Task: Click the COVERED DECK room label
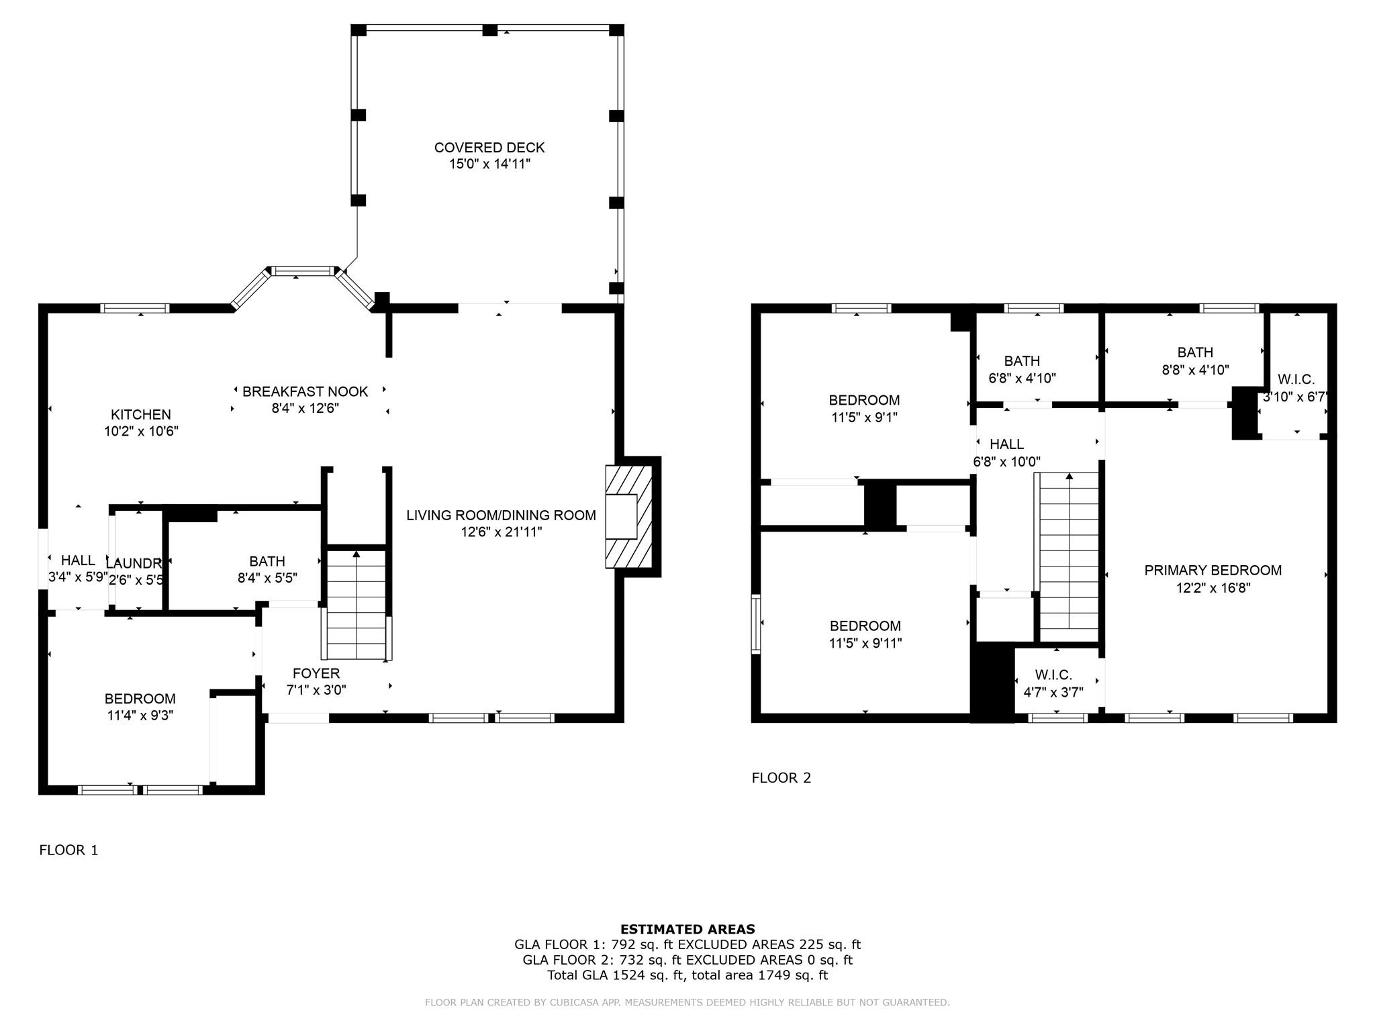(x=489, y=148)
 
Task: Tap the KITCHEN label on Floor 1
(x=141, y=415)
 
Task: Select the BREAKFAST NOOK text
(x=305, y=391)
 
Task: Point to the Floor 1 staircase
(x=357, y=605)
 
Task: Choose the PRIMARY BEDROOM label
(x=1213, y=571)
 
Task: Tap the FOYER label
(x=316, y=673)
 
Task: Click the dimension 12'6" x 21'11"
(x=502, y=532)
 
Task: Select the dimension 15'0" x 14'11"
(x=490, y=164)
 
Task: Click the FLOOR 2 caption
(x=781, y=778)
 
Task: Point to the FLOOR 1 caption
(x=68, y=850)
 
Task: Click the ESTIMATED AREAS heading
(x=687, y=930)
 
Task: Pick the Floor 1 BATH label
(x=267, y=561)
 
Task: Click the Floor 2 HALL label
(x=1006, y=444)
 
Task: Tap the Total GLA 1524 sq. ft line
(x=687, y=975)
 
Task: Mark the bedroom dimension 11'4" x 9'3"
(x=140, y=716)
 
